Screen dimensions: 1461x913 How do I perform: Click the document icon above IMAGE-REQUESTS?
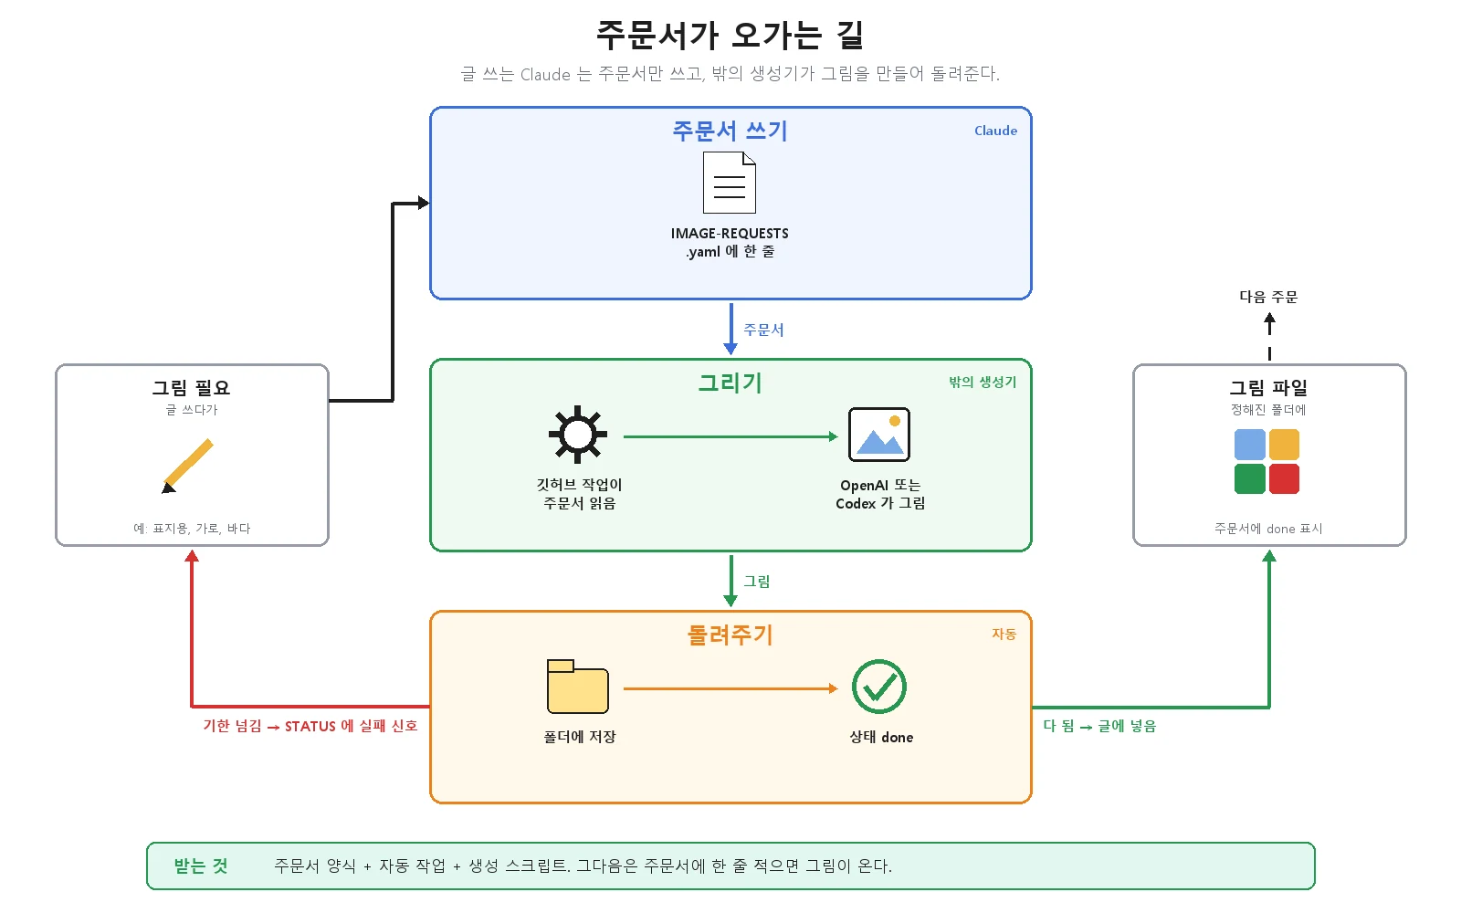[x=730, y=183]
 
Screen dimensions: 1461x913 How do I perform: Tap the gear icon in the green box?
[x=578, y=435]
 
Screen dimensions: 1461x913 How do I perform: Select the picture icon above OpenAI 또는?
[x=879, y=435]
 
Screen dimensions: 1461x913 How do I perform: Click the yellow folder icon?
[x=578, y=686]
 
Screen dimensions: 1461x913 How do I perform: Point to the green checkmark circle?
[x=879, y=687]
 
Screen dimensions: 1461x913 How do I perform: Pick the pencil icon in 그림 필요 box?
[x=187, y=467]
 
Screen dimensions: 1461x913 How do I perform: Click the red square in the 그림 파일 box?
[x=1284, y=478]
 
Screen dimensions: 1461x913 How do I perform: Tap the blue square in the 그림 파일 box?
[x=1250, y=444]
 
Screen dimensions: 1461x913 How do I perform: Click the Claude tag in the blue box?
[x=995, y=131]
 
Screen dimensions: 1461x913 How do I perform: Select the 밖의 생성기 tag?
[x=983, y=383]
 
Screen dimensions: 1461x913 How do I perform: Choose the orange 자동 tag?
[x=1004, y=634]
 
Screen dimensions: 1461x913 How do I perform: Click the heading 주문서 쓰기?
[x=730, y=131]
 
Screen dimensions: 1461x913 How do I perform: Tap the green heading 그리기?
[x=730, y=383]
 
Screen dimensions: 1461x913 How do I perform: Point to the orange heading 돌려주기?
[x=730, y=635]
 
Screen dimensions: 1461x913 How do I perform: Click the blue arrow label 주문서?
[x=763, y=330]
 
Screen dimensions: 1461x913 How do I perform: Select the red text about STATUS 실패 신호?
[x=310, y=726]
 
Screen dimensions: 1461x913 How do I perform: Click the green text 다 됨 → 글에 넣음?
[x=1099, y=726]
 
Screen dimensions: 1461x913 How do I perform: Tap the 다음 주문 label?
[x=1268, y=297]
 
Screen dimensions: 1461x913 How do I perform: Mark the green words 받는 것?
[x=201, y=866]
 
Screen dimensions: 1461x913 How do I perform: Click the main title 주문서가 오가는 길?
[x=730, y=36]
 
